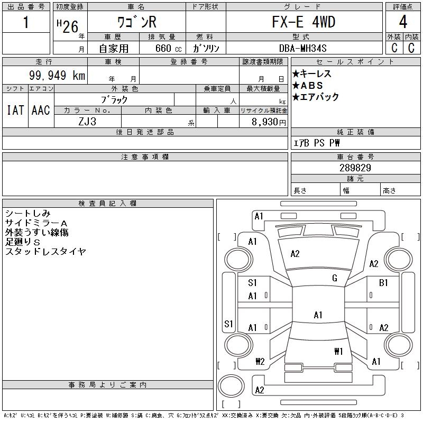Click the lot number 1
tap(26, 23)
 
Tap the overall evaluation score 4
tap(403, 23)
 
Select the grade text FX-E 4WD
tap(304, 22)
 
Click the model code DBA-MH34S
tap(304, 48)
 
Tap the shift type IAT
tap(15, 110)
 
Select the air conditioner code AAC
tap(40, 110)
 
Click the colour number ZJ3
tap(87, 121)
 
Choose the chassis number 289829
tap(355, 168)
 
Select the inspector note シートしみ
tap(27, 213)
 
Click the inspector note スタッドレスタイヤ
tap(45, 252)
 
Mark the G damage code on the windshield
tap(335, 278)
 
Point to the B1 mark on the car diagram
tap(383, 283)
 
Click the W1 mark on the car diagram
tap(339, 351)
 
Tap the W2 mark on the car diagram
tap(260, 362)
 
